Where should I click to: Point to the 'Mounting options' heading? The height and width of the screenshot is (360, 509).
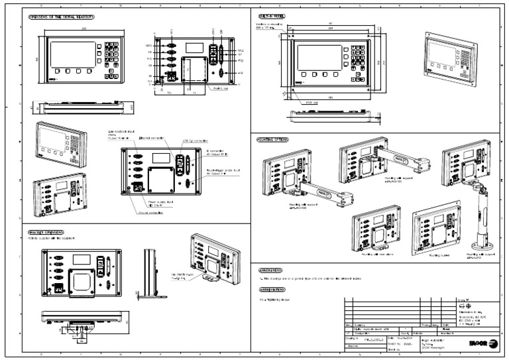click(273, 141)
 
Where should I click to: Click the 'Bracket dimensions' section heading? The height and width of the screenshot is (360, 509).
click(46, 233)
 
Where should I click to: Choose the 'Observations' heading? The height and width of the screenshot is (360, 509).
click(272, 270)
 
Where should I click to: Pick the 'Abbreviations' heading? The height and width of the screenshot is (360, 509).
click(273, 290)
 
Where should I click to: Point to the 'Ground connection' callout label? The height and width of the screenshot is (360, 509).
click(152, 213)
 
